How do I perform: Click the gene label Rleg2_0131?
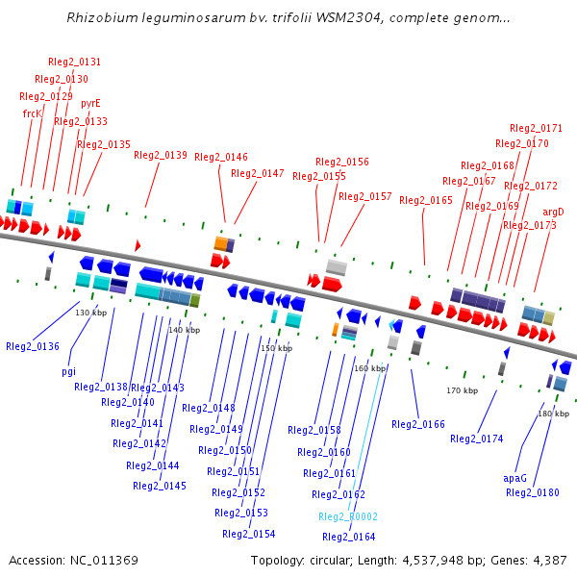(75, 62)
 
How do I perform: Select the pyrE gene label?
(90, 103)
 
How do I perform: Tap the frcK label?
(32, 113)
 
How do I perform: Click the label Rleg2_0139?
(161, 155)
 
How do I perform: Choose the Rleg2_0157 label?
(365, 196)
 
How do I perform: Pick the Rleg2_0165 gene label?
(426, 200)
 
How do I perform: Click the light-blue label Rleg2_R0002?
(348, 516)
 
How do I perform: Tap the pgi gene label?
(68, 370)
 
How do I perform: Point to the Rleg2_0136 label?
(32, 346)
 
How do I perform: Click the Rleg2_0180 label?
(533, 492)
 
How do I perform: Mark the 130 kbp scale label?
(91, 313)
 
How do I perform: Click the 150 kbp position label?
(276, 348)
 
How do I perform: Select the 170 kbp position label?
(462, 390)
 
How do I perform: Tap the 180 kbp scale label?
(553, 414)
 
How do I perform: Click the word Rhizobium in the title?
(100, 18)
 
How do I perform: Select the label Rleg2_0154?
(249, 534)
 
